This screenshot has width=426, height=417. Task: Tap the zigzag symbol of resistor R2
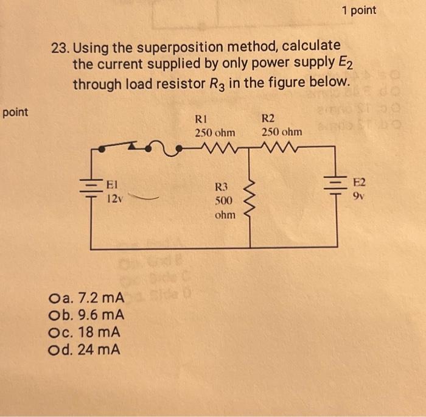pyautogui.click(x=274, y=147)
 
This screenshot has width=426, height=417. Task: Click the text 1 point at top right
pyautogui.click(x=358, y=10)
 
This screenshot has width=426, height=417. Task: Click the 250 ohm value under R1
pyautogui.click(x=215, y=132)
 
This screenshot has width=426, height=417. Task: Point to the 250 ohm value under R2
pyautogui.click(x=282, y=132)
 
